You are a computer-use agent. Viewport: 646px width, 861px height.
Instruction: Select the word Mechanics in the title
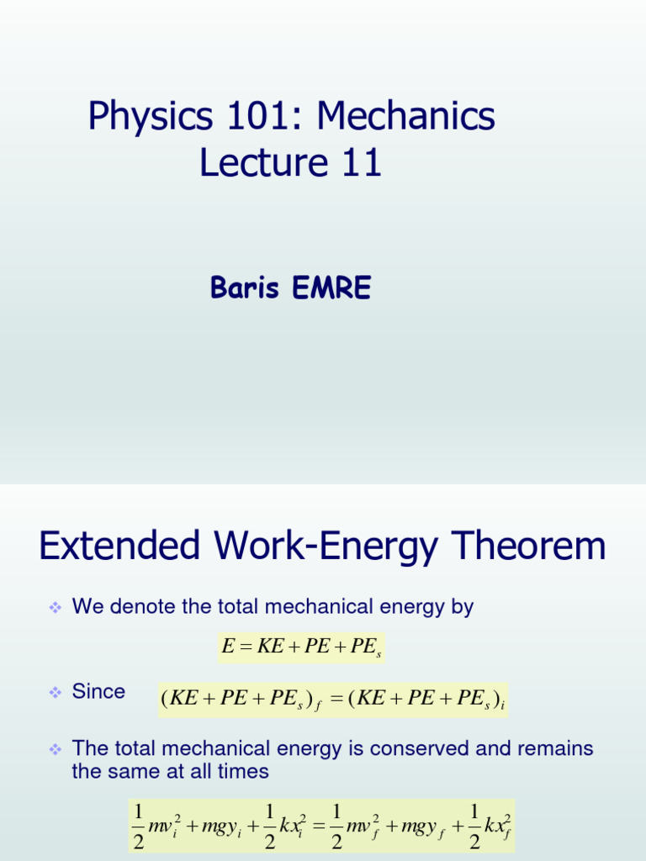(x=407, y=117)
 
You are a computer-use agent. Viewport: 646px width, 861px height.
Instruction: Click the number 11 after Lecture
(x=362, y=162)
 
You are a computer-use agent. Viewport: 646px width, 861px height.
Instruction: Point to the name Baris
(x=244, y=288)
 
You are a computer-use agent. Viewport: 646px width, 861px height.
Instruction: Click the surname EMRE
(x=331, y=288)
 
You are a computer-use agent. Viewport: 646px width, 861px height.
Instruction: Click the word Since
(x=98, y=692)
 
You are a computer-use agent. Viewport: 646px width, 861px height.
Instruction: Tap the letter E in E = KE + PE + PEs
(x=226, y=647)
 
